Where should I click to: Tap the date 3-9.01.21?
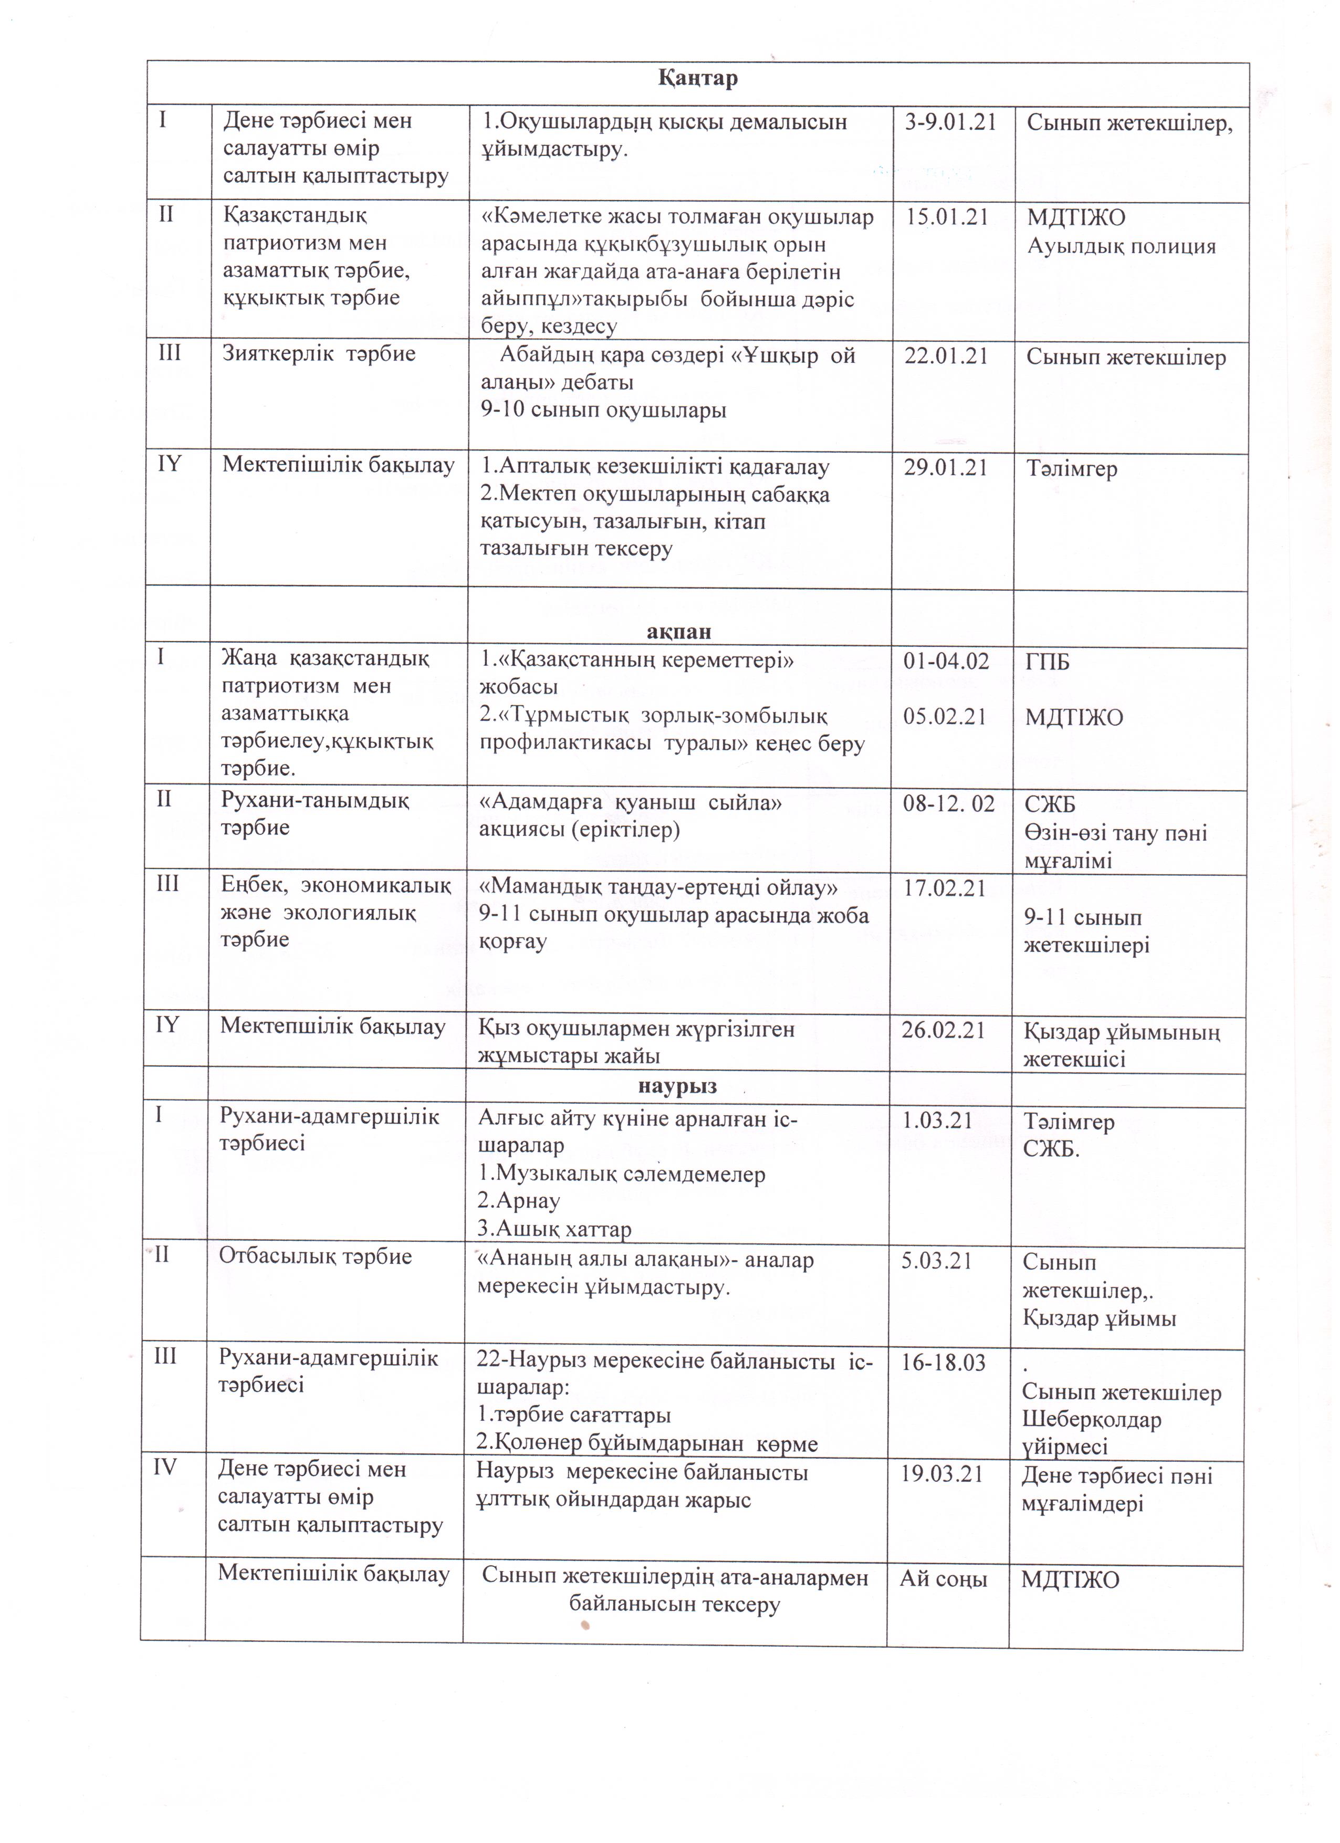(950, 123)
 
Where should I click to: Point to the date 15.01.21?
(947, 218)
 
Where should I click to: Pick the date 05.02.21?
(944, 717)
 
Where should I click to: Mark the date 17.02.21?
(944, 888)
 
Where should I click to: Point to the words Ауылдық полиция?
(1122, 246)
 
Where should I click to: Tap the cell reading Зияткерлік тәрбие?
(319, 354)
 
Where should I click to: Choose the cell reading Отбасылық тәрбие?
(315, 1256)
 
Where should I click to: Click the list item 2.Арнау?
(518, 1200)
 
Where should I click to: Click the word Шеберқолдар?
(1091, 1420)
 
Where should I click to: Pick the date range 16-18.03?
(943, 1363)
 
